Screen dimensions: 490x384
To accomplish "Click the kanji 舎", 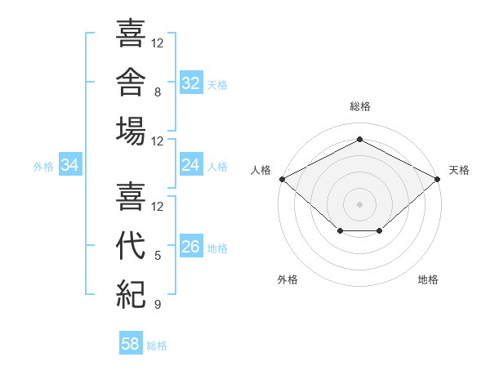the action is pos(131,83).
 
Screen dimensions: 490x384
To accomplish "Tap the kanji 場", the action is pos(131,131).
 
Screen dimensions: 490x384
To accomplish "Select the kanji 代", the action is pos(131,245).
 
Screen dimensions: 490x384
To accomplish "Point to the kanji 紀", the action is pos(131,294).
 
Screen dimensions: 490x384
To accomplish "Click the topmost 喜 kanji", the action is pos(131,33).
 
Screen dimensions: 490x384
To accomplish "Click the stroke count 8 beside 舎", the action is pos(158,92).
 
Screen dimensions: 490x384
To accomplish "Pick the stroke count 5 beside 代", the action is pos(158,256).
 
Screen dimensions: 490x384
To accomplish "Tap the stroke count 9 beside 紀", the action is pos(158,304).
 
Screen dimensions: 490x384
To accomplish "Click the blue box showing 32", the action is pos(191,83).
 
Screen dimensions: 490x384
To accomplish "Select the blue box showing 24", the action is pos(191,164).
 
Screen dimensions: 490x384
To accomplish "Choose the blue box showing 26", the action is pos(191,245).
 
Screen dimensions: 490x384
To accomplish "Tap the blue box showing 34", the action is pos(70,164).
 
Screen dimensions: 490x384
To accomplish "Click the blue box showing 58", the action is pos(131,342).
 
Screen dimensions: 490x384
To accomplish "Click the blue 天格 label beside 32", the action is pos(217,85).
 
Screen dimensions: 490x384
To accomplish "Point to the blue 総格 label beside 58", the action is pos(157,346).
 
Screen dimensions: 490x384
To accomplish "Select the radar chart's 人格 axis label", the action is pos(261,170).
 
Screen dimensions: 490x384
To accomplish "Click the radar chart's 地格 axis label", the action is pos(428,279).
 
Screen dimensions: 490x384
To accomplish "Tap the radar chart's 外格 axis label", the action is pos(287,279).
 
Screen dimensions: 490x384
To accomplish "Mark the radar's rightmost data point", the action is pos(437,179).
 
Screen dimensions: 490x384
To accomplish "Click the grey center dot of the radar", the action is pos(359,204).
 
